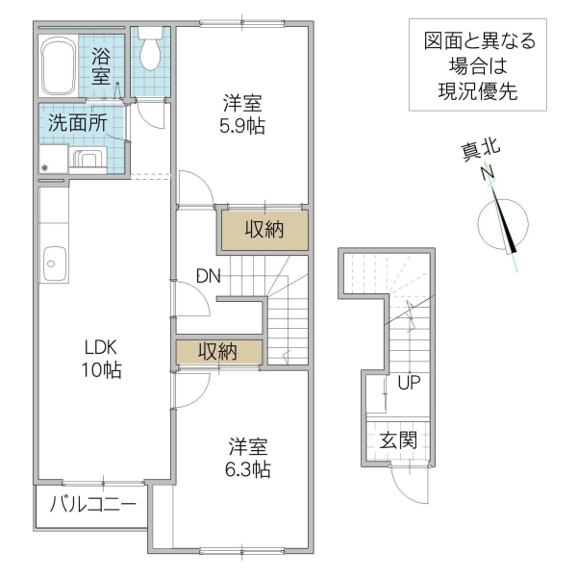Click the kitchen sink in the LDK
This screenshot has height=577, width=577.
(x=54, y=260)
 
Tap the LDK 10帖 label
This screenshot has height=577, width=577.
(x=100, y=358)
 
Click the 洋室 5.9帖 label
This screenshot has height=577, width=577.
(x=243, y=113)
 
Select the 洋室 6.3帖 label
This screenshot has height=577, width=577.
(x=248, y=457)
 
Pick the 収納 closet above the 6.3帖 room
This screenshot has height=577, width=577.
(x=218, y=352)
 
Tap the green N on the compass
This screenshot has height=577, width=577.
(x=489, y=173)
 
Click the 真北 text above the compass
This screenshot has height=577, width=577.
(x=480, y=150)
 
